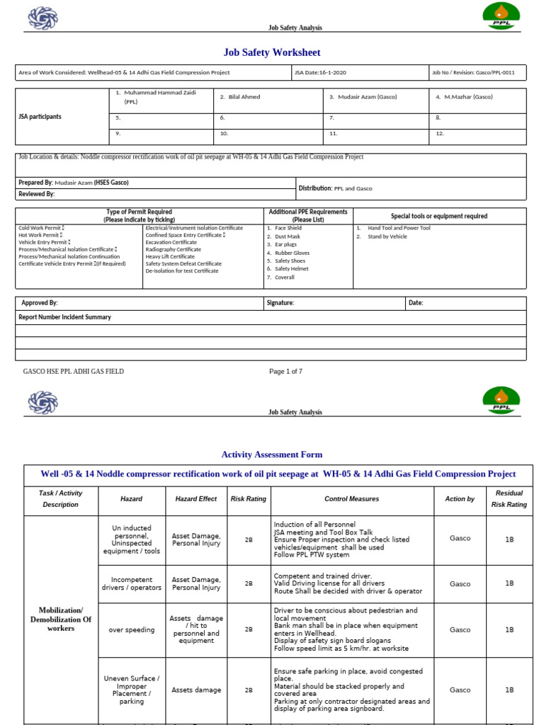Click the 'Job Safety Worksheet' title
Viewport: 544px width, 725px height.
(x=272, y=52)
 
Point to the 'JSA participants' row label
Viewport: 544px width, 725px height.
(x=40, y=117)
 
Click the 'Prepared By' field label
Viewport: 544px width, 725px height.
(x=35, y=183)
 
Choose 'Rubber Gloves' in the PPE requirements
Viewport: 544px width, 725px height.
(x=292, y=253)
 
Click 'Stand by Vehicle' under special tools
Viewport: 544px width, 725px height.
(x=387, y=236)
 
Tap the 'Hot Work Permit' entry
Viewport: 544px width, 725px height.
(x=40, y=235)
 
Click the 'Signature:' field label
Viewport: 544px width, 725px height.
(x=280, y=303)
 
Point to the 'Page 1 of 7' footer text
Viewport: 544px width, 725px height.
(x=285, y=371)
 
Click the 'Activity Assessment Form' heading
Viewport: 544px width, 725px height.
(x=272, y=455)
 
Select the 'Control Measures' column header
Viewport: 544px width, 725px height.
(x=351, y=499)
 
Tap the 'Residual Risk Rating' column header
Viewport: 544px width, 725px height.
(x=509, y=499)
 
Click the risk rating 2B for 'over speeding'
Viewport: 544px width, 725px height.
(x=249, y=629)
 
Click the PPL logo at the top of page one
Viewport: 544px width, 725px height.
(x=501, y=16)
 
